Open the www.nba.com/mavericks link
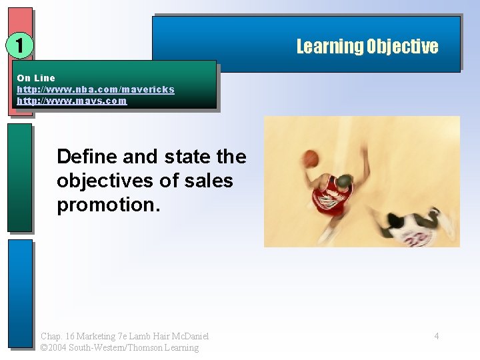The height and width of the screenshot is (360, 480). pos(95,89)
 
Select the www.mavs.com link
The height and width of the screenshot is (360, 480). pos(71,101)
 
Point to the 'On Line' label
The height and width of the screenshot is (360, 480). pos(36,78)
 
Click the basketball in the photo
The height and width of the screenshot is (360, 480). pos(311,158)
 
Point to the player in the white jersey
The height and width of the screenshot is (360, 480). pos(413,227)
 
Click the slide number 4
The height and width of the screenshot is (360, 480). pos(437,336)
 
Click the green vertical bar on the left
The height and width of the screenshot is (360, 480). pos(19,177)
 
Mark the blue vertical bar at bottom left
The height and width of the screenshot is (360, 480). pos(19,293)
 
